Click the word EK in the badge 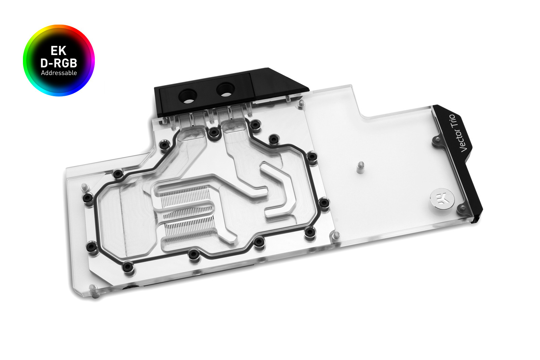[x=58, y=51]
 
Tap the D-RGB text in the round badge [x=59, y=63]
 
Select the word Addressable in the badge [x=59, y=73]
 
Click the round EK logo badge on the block [x=442, y=199]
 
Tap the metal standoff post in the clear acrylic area [x=360, y=167]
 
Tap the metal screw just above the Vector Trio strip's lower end [x=462, y=209]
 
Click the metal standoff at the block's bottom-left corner [x=93, y=289]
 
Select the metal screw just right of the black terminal [x=301, y=104]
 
